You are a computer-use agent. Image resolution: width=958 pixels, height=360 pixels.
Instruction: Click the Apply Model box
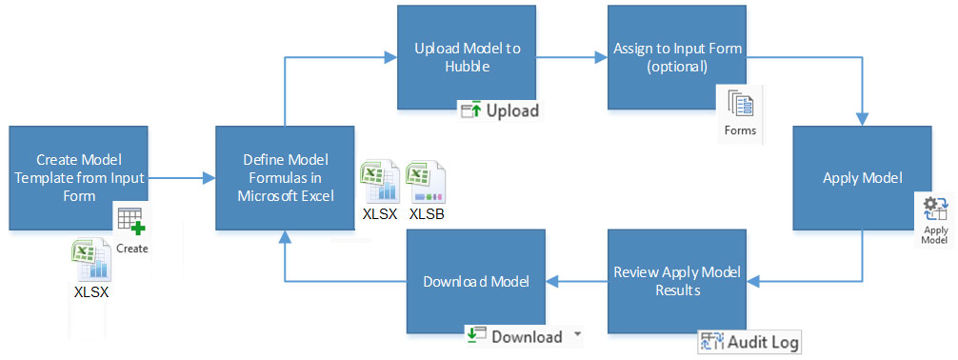point(862,177)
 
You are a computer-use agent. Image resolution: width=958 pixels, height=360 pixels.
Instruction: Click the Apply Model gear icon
point(935,210)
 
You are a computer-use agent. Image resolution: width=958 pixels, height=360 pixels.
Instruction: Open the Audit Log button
point(749,341)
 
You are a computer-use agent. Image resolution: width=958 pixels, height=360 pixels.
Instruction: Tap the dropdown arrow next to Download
point(575,336)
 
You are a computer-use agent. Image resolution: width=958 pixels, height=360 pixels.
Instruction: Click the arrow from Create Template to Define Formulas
point(180,177)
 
